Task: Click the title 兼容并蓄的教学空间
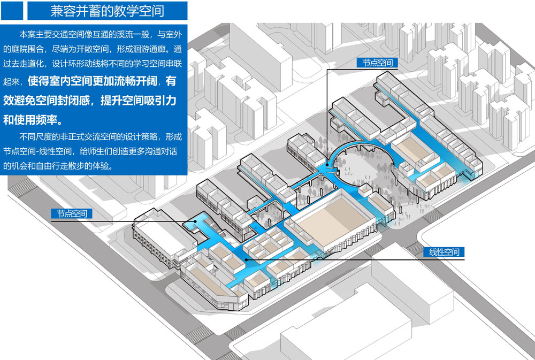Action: click(x=107, y=10)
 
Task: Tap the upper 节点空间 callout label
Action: click(x=377, y=63)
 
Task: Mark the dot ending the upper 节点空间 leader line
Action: click(x=328, y=165)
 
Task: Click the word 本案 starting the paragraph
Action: click(x=26, y=35)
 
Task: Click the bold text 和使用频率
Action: click(x=33, y=118)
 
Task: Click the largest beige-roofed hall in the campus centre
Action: click(x=332, y=219)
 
